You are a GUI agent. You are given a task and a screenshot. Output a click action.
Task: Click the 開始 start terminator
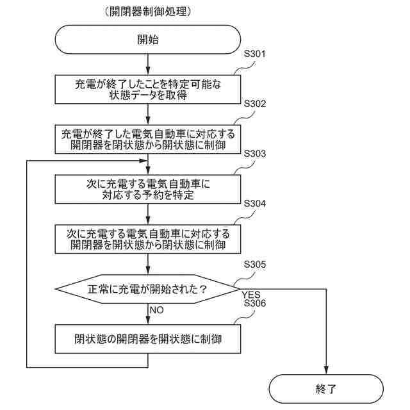coord(148,40)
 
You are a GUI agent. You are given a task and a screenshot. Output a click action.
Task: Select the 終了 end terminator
coord(326,388)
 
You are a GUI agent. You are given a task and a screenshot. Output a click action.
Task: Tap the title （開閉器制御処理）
coord(147,12)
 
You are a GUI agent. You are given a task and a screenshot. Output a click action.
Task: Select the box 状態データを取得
coord(148,89)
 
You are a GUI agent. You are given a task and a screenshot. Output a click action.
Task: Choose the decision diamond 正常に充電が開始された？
coord(148,289)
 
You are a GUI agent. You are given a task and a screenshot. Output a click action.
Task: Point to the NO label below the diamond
coord(157,309)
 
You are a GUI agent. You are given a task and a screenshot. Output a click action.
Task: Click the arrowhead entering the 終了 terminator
coord(326,371)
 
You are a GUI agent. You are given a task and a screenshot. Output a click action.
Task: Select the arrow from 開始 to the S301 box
coord(148,63)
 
